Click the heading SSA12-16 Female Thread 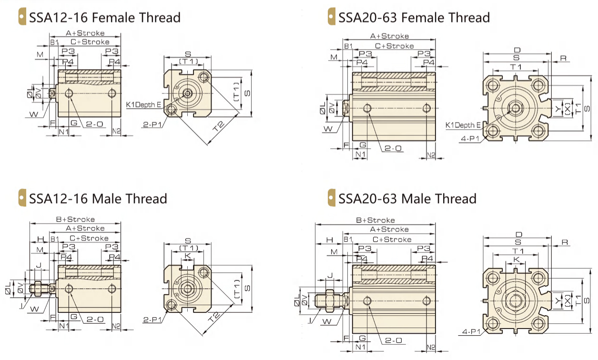[x=105, y=18]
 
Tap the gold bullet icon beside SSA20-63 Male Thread [x=331, y=197]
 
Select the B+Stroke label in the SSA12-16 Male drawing [x=75, y=219]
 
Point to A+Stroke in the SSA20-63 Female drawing [x=389, y=36]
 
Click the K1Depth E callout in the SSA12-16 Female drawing [x=143, y=105]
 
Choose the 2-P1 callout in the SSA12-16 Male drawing [x=152, y=319]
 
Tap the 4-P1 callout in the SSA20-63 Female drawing [x=470, y=139]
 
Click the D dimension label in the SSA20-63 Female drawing [x=517, y=50]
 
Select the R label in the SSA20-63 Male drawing [x=565, y=242]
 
